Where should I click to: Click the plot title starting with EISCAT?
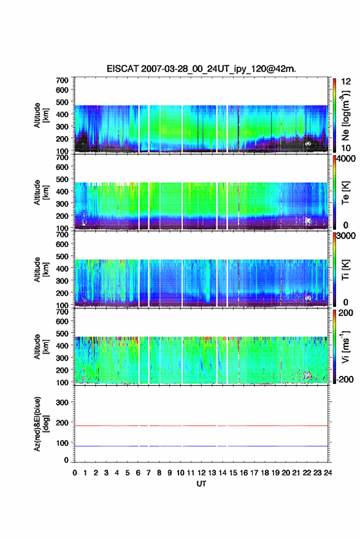pyautogui.click(x=201, y=69)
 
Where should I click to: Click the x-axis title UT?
pyautogui.click(x=201, y=484)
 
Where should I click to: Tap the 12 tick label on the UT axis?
pyautogui.click(x=202, y=473)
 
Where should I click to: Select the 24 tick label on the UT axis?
pyautogui.click(x=327, y=473)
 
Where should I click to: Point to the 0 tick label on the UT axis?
pyautogui.click(x=75, y=473)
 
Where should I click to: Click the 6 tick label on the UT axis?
pyautogui.click(x=138, y=473)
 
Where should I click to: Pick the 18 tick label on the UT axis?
pyautogui.click(x=265, y=473)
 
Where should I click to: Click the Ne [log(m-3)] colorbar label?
pyautogui.click(x=345, y=116)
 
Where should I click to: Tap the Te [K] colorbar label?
pyautogui.click(x=345, y=193)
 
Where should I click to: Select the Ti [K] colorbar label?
pyautogui.click(x=345, y=270)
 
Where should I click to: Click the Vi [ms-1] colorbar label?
pyautogui.click(x=345, y=346)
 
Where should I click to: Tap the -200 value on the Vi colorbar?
pyautogui.click(x=345, y=380)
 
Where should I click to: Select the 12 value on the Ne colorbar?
pyautogui.click(x=346, y=82)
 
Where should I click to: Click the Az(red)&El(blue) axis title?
pyautogui.click(x=41, y=424)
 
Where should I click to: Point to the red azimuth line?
pyautogui.click(x=201, y=426)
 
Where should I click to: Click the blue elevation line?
pyautogui.click(x=201, y=446)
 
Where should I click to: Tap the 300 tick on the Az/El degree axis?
pyautogui.click(x=62, y=402)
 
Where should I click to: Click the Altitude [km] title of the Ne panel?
pyautogui.click(x=41, y=115)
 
